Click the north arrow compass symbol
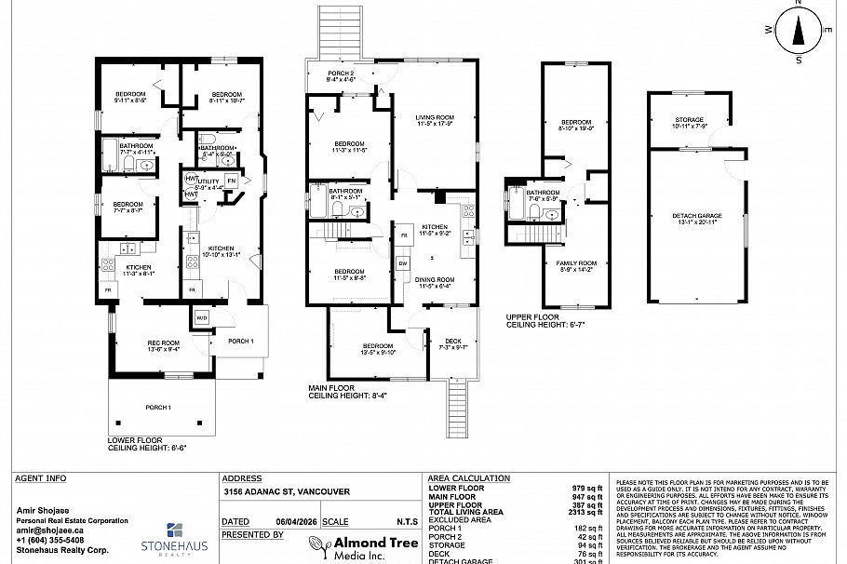798,31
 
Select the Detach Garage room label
696,219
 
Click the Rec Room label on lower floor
163,346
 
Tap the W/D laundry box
202,318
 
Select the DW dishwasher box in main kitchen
402,263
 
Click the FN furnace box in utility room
231,180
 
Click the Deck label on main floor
452,343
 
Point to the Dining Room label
434,283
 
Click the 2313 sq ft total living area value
587,512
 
